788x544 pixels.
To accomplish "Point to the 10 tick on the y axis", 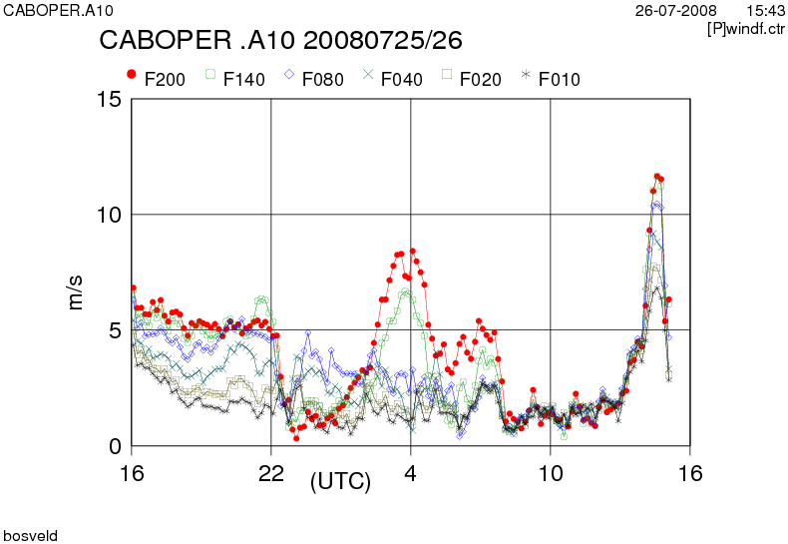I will coord(108,215).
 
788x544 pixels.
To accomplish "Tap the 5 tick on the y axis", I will coord(115,330).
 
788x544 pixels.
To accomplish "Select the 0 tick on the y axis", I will coord(115,446).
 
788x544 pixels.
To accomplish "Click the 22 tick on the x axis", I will coord(271,472).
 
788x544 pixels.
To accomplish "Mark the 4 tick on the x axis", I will coord(411,472).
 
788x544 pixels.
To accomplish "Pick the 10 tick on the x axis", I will coord(550,472).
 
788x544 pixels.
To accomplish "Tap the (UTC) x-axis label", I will coord(340,482).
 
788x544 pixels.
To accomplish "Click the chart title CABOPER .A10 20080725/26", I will coord(280,41).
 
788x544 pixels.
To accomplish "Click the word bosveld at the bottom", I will coord(31,536).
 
